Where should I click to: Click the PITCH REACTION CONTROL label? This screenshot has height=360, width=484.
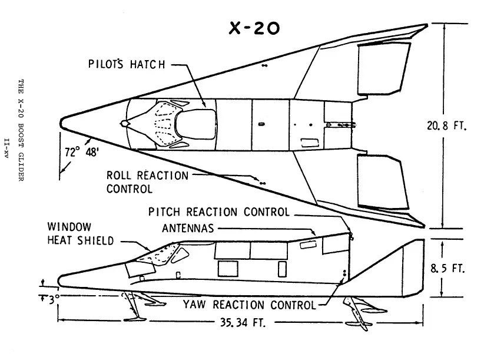coord(219,212)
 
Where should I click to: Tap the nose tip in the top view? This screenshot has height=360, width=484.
coord(62,123)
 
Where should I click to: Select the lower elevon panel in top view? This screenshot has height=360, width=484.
coord(385,183)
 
